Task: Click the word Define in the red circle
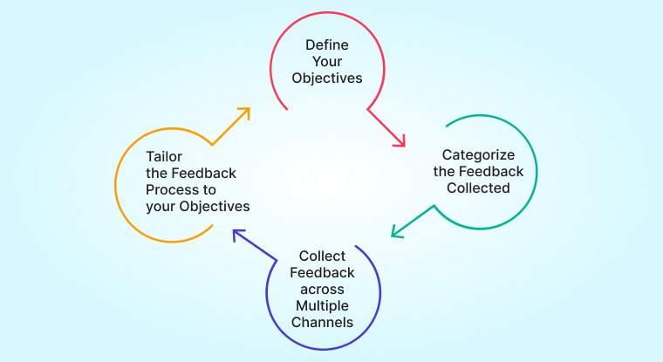point(327,44)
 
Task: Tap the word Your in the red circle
point(327,61)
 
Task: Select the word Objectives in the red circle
point(327,79)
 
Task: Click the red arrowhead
point(400,141)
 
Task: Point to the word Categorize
point(478,155)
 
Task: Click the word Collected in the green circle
point(478,188)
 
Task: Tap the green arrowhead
point(397,231)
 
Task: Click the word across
point(322,290)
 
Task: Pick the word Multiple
point(322,306)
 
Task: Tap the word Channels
point(322,322)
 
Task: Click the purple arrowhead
point(238,235)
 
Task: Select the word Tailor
point(164,157)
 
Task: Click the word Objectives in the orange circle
point(215,207)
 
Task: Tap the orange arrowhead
point(244,113)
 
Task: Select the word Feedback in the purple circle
point(322,273)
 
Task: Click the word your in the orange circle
point(161,208)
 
